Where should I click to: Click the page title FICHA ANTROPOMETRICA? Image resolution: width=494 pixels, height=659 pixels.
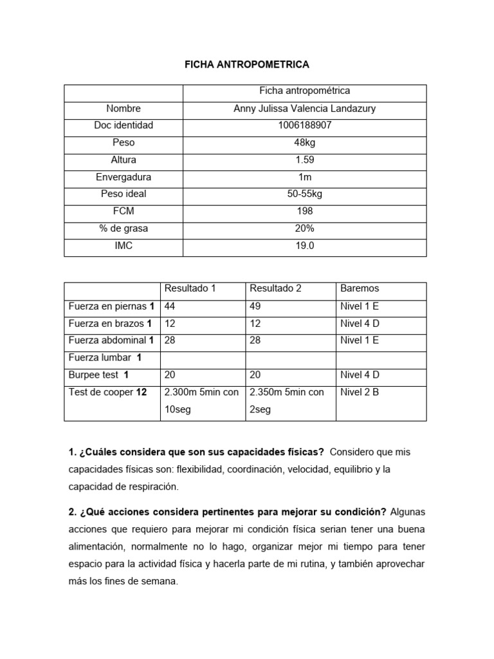[x=247, y=64]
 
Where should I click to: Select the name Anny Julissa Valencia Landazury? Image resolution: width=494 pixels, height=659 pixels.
[x=304, y=109]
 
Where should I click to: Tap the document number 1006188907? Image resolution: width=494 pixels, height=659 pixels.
[x=304, y=125]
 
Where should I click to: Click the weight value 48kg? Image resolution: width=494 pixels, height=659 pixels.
[x=304, y=143]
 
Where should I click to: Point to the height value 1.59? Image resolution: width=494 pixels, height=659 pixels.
[x=304, y=160]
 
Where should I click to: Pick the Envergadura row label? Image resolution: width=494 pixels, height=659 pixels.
[x=123, y=177]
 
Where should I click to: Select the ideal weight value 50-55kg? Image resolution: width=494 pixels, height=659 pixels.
[x=304, y=194]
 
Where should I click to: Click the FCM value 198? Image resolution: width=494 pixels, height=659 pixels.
[x=304, y=211]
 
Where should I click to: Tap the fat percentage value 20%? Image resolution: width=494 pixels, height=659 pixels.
[x=304, y=228]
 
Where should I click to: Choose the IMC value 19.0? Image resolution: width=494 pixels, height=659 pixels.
[x=304, y=245]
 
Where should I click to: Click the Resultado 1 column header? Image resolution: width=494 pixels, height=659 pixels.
[x=190, y=288]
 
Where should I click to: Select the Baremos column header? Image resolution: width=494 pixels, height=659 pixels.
[x=360, y=288]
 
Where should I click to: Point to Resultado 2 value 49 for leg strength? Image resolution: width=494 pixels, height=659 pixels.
[x=255, y=306]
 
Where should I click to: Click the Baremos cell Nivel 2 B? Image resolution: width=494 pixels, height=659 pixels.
[x=360, y=392]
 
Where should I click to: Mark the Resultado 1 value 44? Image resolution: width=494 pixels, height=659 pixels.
[x=170, y=306]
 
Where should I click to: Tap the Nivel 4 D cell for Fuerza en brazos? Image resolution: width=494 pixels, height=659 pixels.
[x=360, y=323]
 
